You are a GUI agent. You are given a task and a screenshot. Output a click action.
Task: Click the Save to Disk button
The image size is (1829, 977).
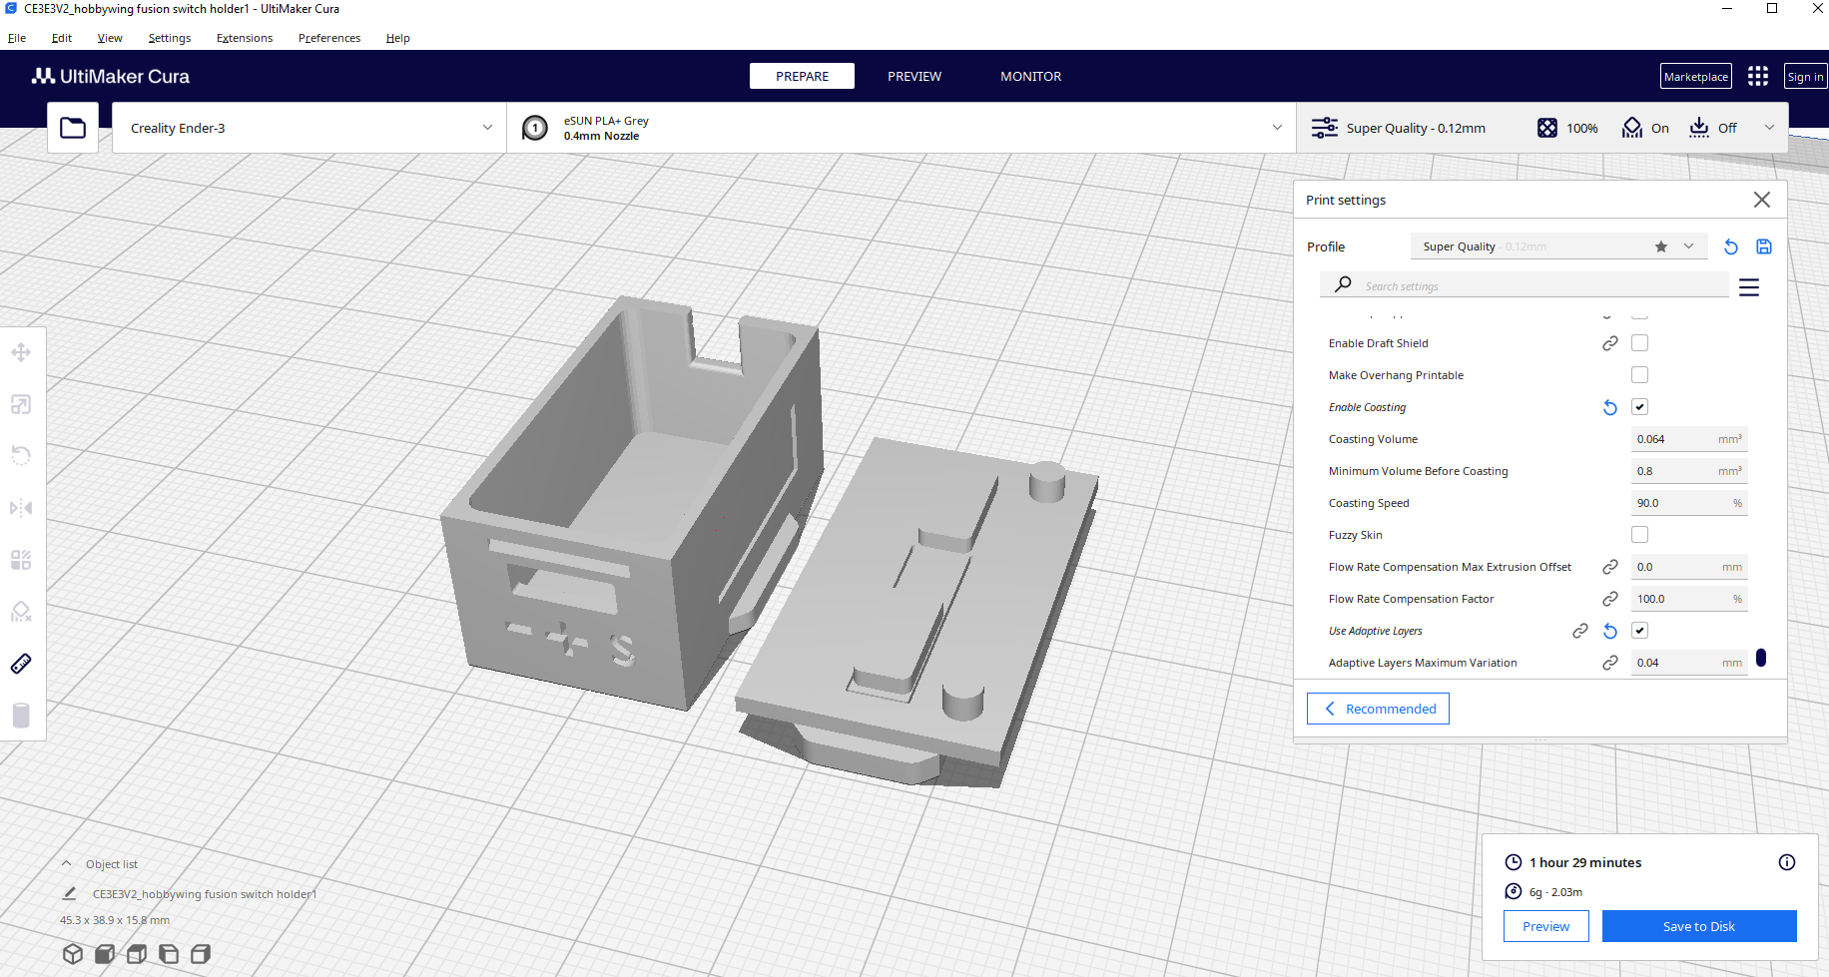(x=1699, y=926)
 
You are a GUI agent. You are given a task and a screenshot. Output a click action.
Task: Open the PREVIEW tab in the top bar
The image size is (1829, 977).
(x=914, y=76)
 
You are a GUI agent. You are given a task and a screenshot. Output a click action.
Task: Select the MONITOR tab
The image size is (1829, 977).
(x=1030, y=76)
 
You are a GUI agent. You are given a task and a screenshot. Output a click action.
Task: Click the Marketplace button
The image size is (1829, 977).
(x=1696, y=77)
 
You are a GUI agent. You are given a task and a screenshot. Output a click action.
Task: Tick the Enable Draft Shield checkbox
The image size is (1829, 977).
(x=1639, y=343)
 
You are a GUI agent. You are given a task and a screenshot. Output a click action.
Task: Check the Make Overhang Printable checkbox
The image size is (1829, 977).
(x=1639, y=375)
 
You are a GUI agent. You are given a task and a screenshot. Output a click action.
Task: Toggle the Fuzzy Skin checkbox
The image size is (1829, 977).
(x=1639, y=535)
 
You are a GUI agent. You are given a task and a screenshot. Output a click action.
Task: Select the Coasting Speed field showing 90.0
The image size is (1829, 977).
(x=1688, y=503)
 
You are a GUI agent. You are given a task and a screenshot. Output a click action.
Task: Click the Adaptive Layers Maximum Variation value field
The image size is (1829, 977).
(x=1688, y=663)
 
